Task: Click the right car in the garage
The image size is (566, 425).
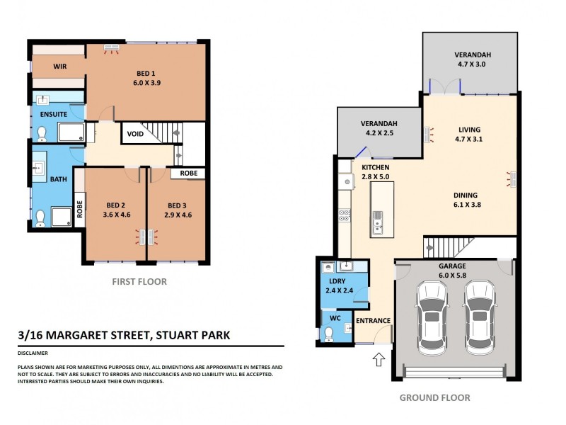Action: pos(479,318)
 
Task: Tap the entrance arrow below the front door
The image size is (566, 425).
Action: pos(379,360)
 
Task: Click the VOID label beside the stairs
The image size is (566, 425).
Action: pos(136,133)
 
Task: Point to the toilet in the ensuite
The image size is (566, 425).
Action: pos(42,132)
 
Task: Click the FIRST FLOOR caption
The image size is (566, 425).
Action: pos(139,281)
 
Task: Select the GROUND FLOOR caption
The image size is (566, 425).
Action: pos(434,398)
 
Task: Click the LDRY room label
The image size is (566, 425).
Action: pos(337,280)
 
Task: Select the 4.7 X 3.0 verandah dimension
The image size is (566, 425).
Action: pos(474,64)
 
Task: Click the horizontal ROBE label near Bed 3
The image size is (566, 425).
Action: pos(188,173)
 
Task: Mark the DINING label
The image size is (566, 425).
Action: pos(466,195)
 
